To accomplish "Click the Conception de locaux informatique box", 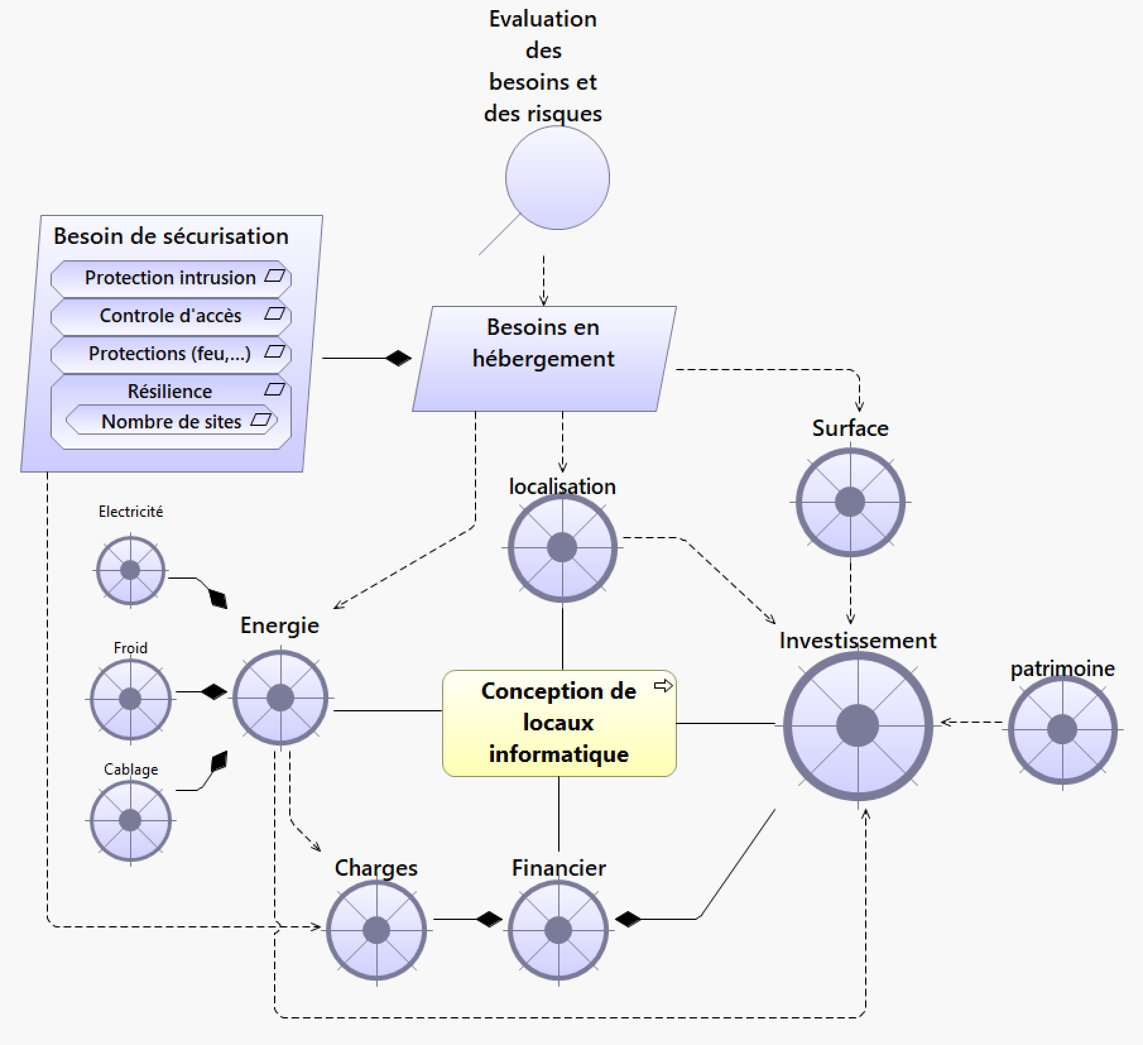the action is point(559,723).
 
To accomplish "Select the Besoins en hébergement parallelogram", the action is point(544,359).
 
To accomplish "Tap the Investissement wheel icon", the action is point(858,726).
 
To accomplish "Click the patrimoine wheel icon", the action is point(1062,730).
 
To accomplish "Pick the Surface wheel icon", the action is point(850,502).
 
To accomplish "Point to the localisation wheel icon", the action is point(562,547).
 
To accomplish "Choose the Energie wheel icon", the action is point(280,698).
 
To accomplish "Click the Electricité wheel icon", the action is point(130,570).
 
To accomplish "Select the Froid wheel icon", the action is point(130,699).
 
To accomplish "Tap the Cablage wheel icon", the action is point(130,820).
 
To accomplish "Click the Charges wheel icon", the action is point(376,930).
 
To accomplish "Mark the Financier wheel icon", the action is point(558,930).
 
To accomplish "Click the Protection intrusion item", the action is point(171,278).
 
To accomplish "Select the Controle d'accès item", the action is point(171,316).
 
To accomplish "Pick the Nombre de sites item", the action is point(171,421).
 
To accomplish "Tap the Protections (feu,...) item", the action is point(171,354).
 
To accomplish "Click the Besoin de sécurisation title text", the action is point(171,236).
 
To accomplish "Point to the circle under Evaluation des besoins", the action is point(558,178).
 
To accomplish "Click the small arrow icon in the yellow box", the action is point(663,686).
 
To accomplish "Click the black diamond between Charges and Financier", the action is point(489,919).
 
